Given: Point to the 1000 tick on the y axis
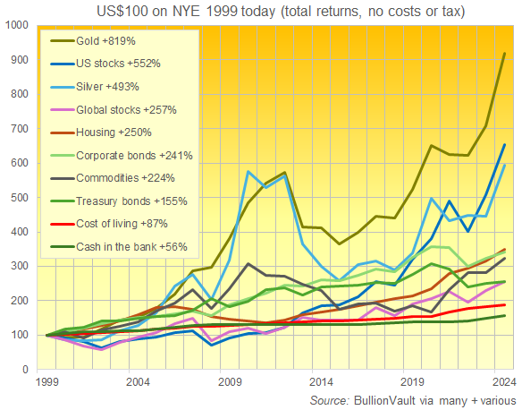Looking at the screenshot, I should pos(18,25).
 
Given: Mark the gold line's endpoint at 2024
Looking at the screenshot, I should pos(505,54).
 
